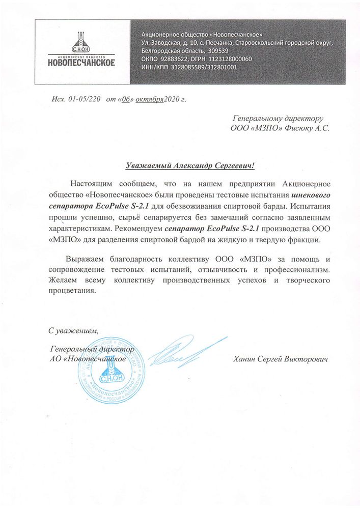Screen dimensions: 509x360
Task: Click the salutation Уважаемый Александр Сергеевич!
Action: pos(189,165)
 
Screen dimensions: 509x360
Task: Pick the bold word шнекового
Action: pos(311,194)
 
